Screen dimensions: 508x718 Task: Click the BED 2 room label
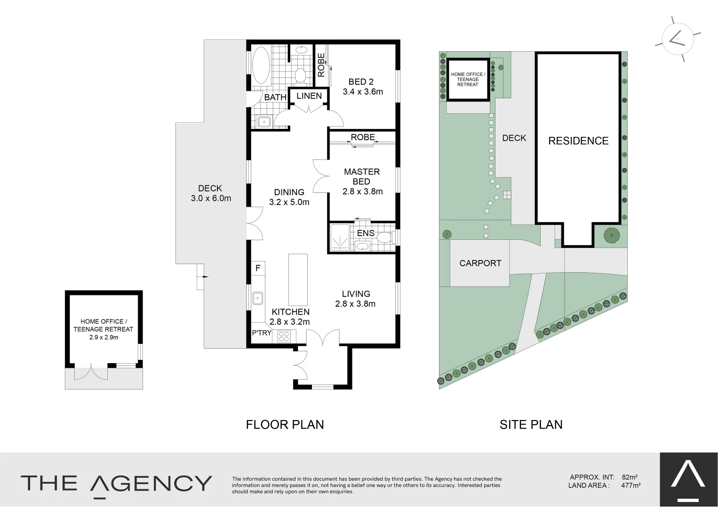(x=361, y=82)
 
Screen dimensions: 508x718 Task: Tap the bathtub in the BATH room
(x=261, y=67)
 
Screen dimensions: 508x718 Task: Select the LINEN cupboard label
(x=309, y=96)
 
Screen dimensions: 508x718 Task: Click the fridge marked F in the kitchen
(x=258, y=269)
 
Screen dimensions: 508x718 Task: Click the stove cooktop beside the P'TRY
(x=285, y=336)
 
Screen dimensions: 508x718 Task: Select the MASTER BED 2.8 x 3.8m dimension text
(x=362, y=191)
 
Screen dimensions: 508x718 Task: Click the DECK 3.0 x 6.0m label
(x=211, y=193)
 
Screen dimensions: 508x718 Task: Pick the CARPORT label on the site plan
(x=480, y=263)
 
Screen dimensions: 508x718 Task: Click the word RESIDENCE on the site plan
(x=578, y=141)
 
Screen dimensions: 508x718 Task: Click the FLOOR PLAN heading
(x=285, y=424)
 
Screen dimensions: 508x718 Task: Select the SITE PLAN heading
(x=531, y=424)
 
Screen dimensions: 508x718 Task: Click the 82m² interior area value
(x=629, y=477)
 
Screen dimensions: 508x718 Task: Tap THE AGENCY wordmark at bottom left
(x=116, y=484)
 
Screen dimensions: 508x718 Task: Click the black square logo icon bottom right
(x=688, y=480)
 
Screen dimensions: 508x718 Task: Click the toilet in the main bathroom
(x=300, y=75)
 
